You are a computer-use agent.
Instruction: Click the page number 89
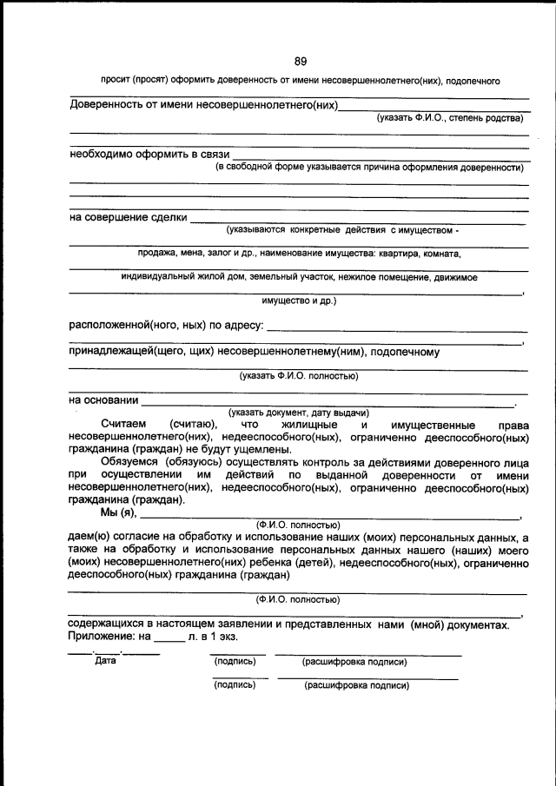pos(301,61)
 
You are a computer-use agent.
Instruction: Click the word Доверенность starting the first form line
pos(109,106)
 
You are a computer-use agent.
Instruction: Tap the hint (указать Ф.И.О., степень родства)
pos(449,117)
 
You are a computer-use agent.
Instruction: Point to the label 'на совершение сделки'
pos(128,217)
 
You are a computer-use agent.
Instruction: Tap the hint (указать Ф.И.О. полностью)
pos(299,376)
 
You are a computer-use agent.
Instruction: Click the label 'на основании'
pos(103,400)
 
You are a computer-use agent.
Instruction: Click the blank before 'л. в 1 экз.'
pos(169,637)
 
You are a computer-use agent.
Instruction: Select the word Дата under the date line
pos(104,661)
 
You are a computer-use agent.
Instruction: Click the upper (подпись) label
pos(235,662)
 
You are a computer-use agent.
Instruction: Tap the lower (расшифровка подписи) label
pos(356,684)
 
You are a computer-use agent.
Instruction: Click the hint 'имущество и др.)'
pos(299,301)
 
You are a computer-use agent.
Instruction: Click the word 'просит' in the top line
pos(116,80)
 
